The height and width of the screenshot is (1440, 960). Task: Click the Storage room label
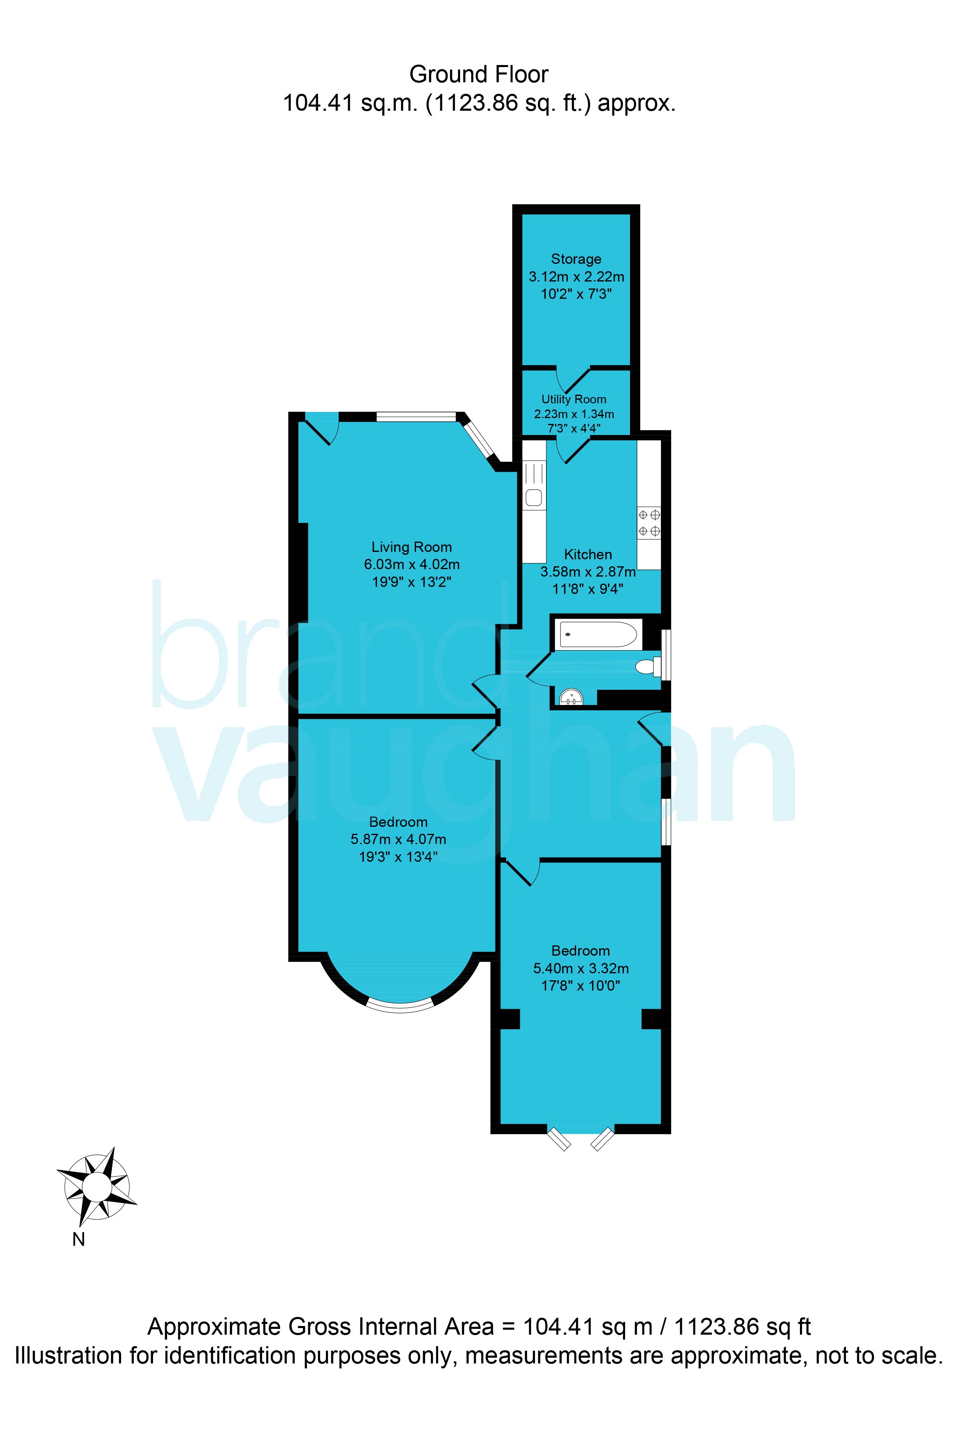coord(576,259)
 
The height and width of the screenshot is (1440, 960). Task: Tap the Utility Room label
coord(574,399)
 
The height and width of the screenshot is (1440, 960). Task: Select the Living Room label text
coord(411,547)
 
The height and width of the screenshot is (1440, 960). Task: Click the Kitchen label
coord(588,554)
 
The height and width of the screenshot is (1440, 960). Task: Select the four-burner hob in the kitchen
coord(649,523)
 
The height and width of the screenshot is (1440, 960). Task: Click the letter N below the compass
coord(78,1239)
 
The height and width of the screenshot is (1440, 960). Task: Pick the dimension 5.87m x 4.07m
coord(399,839)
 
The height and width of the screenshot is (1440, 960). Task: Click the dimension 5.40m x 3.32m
coord(581,968)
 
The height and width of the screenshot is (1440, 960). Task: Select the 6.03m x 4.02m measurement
coord(411,564)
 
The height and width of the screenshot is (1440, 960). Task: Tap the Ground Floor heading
coord(479,74)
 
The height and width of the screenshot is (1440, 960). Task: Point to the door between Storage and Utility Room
coord(572,379)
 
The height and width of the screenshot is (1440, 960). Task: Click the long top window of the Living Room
coord(416,417)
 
